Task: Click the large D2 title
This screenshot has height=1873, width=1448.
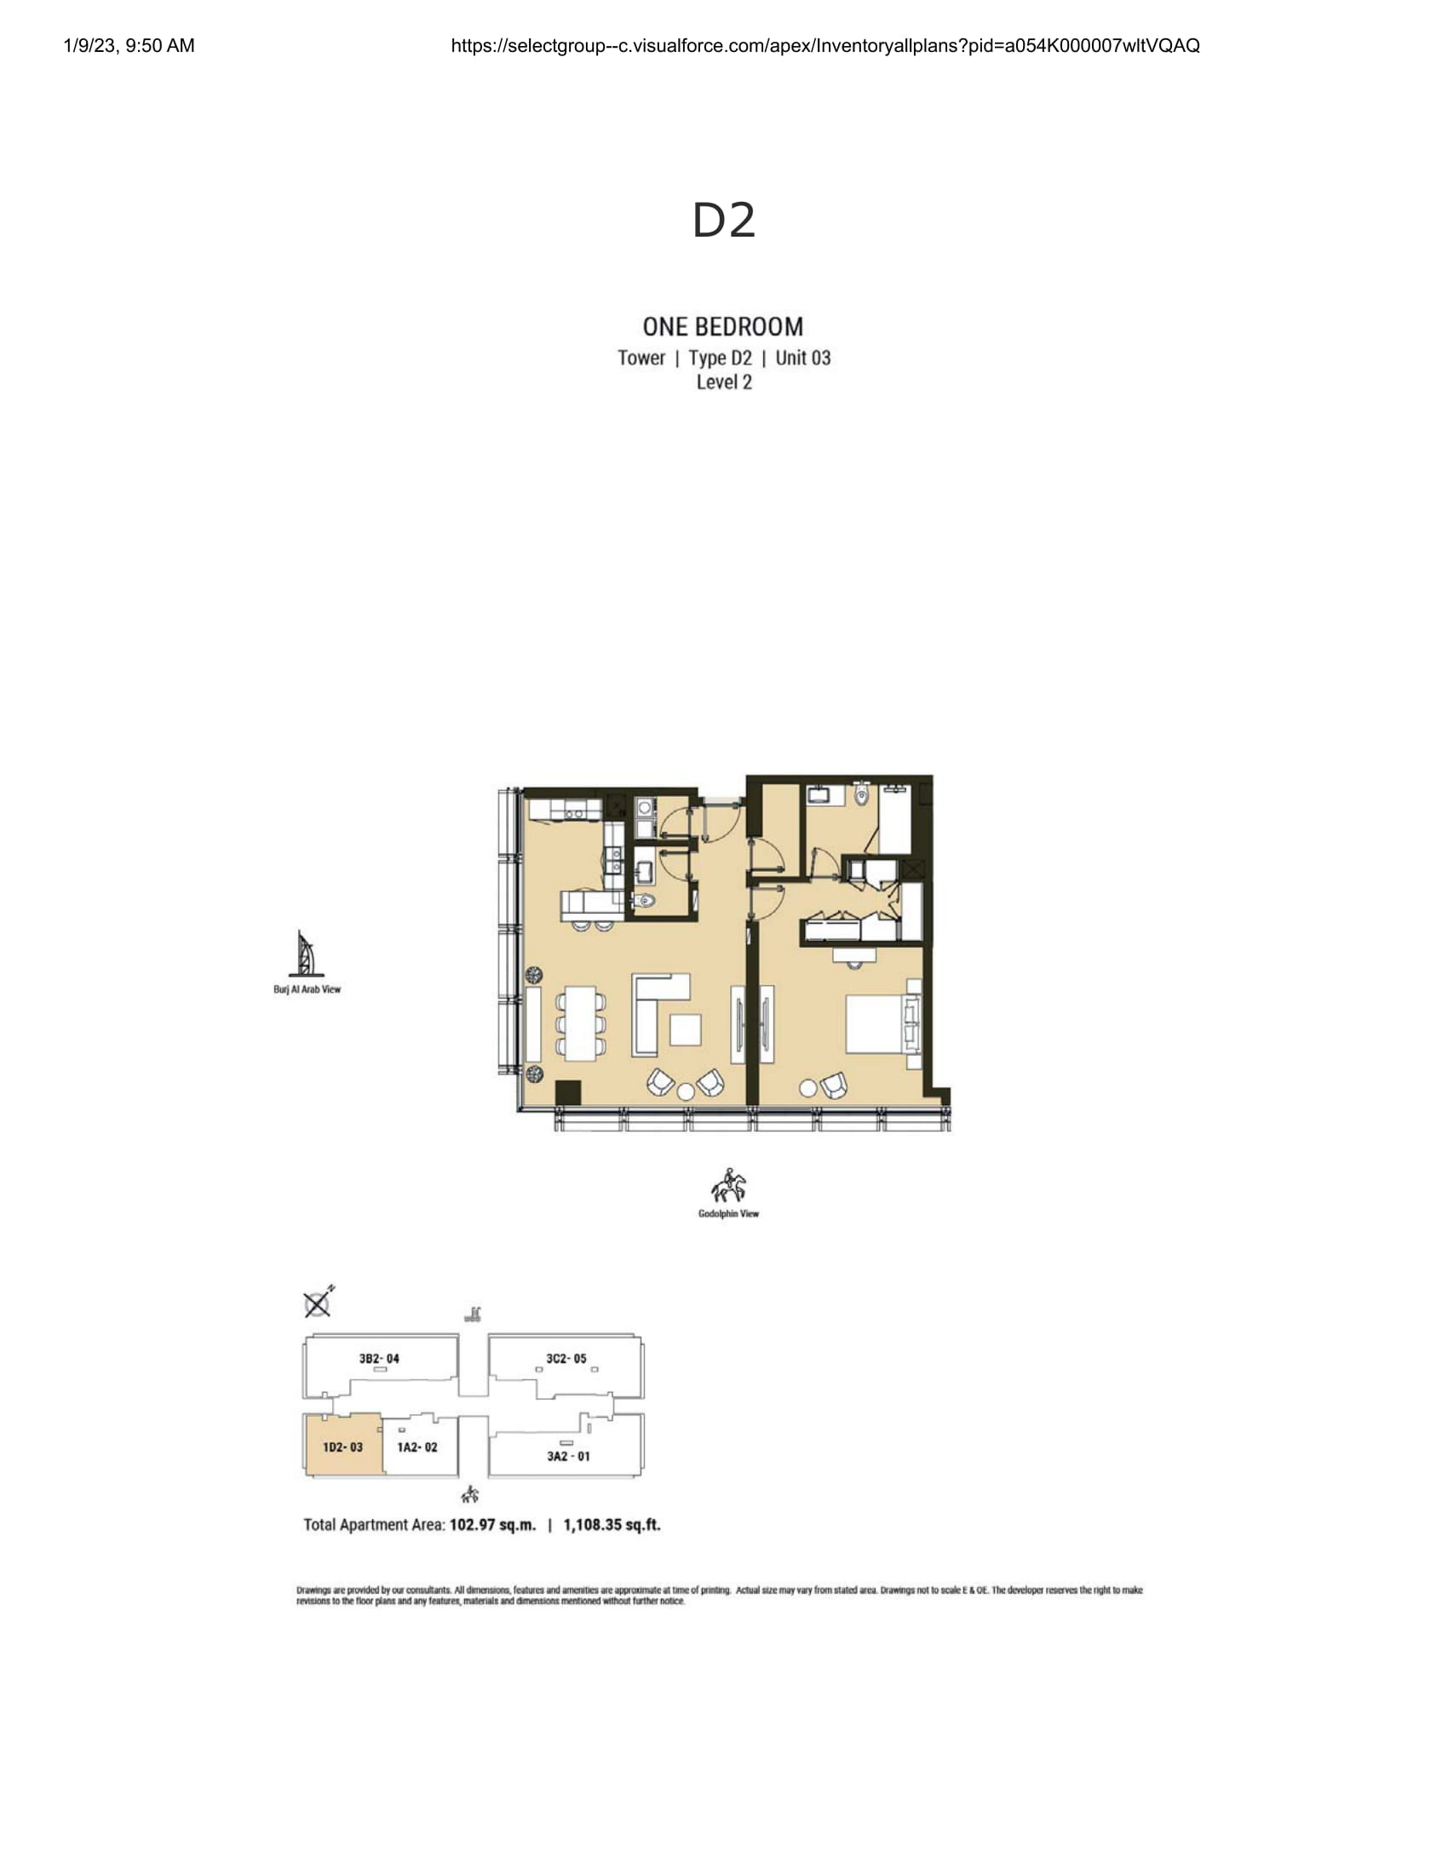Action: [x=724, y=221]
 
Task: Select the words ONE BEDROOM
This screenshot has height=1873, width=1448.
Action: [x=723, y=327]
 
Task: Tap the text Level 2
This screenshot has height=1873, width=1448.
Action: [x=724, y=382]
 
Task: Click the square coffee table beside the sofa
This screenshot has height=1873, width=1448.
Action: [x=685, y=1029]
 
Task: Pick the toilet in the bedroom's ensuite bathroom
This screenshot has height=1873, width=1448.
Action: [x=863, y=797]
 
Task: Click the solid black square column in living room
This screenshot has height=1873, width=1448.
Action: [x=568, y=1092]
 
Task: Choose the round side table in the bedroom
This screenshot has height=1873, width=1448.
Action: [x=808, y=1088]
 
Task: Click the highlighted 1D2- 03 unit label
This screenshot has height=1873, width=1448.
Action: [x=342, y=1446]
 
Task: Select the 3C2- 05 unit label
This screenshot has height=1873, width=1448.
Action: [x=566, y=1359]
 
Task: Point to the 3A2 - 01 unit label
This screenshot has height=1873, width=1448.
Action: [x=568, y=1455]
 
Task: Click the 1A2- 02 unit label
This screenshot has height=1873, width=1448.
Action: [x=417, y=1446]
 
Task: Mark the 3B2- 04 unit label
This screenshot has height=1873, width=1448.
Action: [x=379, y=1359]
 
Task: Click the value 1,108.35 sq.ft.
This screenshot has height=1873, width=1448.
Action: [x=612, y=1525]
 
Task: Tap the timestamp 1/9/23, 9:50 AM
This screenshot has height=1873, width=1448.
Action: [x=129, y=45]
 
